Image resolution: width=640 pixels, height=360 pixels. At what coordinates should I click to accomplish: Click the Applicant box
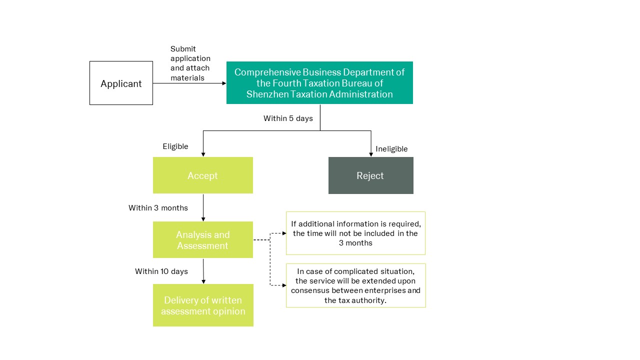pyautogui.click(x=121, y=83)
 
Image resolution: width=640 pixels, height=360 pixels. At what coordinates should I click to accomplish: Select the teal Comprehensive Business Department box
pyautogui.click(x=319, y=82)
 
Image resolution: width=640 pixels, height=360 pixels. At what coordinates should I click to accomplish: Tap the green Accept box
pyautogui.click(x=203, y=175)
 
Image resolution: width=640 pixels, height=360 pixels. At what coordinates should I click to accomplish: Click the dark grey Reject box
pyautogui.click(x=370, y=175)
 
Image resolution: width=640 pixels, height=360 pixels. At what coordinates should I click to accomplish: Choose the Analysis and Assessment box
pyautogui.click(x=203, y=239)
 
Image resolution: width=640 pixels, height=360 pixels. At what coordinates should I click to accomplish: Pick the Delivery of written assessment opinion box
pyautogui.click(x=203, y=305)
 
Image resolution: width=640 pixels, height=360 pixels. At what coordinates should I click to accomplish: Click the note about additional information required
pyautogui.click(x=355, y=233)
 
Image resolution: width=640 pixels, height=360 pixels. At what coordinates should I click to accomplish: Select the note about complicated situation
pyautogui.click(x=355, y=285)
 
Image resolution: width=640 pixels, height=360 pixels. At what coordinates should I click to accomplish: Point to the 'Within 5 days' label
pyautogui.click(x=288, y=118)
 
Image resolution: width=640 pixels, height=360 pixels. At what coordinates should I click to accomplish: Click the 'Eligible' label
pyautogui.click(x=175, y=146)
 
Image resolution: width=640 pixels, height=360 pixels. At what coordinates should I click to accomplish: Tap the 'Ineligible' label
pyautogui.click(x=391, y=149)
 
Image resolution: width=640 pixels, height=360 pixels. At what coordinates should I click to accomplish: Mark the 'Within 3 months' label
pyautogui.click(x=158, y=207)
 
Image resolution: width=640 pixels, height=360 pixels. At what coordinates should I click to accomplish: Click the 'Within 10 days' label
pyautogui.click(x=161, y=271)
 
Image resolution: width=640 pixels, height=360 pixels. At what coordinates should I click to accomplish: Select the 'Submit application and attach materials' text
pyautogui.click(x=190, y=63)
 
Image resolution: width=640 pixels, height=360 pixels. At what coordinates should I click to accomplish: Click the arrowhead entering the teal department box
pyautogui.click(x=224, y=83)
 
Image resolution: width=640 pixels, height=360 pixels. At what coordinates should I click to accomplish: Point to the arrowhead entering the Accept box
pyautogui.click(x=203, y=154)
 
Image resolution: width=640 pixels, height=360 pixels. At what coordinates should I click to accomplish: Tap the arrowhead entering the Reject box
pyautogui.click(x=371, y=154)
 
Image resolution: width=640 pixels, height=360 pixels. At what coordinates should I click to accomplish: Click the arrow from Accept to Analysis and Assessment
pyautogui.click(x=203, y=207)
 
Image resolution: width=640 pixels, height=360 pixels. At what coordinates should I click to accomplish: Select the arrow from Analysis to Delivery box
pyautogui.click(x=203, y=271)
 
